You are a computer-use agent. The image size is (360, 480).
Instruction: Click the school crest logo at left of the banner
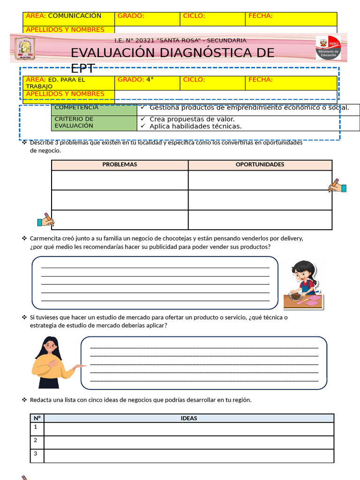pos(25,48)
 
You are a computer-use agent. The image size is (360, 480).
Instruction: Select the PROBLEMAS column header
pos(120,165)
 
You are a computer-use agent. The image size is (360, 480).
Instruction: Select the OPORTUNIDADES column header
pos(260,165)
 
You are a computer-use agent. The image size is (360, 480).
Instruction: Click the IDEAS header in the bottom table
pos(188,418)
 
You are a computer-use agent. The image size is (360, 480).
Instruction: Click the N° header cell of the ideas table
pos(37,418)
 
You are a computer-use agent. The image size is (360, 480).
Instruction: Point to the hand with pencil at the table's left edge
pos(45,220)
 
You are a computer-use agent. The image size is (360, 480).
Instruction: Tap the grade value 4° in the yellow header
pos(150,80)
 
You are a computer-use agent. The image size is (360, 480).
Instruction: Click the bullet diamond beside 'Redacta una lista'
pos(24,400)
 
